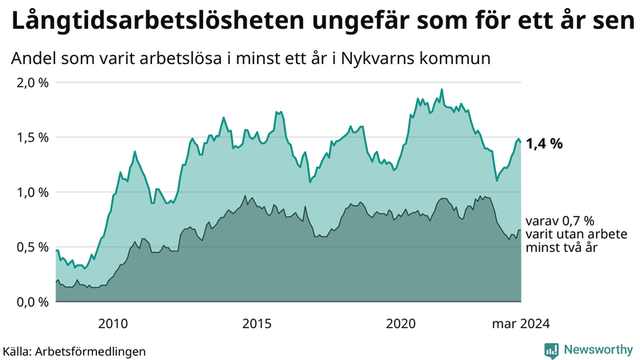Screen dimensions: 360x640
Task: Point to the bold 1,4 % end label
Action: (x=544, y=144)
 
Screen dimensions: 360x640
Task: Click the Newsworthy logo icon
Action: (x=551, y=350)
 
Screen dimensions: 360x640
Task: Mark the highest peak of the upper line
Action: (x=442, y=89)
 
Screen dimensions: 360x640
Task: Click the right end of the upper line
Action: (x=521, y=142)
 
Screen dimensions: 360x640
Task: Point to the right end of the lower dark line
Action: (x=521, y=230)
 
